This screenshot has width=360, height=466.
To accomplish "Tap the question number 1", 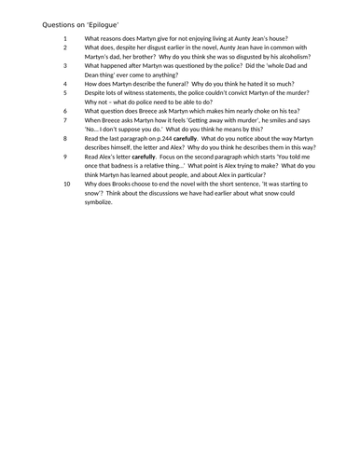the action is pos(66,40).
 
